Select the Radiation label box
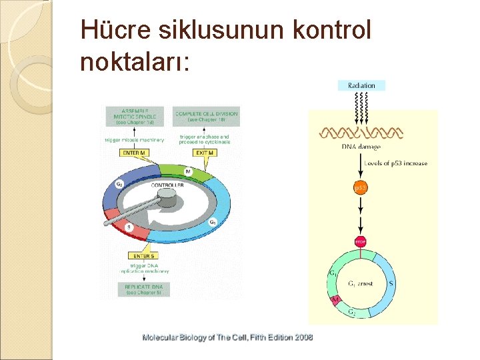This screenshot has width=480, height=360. pyautogui.click(x=361, y=85)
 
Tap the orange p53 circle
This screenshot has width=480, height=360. pyautogui.click(x=360, y=189)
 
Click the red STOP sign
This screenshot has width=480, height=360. pyautogui.click(x=360, y=241)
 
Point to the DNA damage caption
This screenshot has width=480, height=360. pyautogui.click(x=361, y=147)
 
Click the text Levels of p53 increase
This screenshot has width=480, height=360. pyautogui.click(x=396, y=163)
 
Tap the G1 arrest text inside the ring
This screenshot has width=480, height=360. pyautogui.click(x=359, y=283)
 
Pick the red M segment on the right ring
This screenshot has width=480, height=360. pyautogui.click(x=335, y=302)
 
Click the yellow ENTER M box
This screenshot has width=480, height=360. pyautogui.click(x=136, y=153)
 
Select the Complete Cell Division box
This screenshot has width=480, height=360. pyautogui.click(x=206, y=116)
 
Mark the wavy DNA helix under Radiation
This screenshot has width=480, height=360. pyautogui.click(x=361, y=131)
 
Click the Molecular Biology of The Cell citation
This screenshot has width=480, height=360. pyautogui.click(x=227, y=337)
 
